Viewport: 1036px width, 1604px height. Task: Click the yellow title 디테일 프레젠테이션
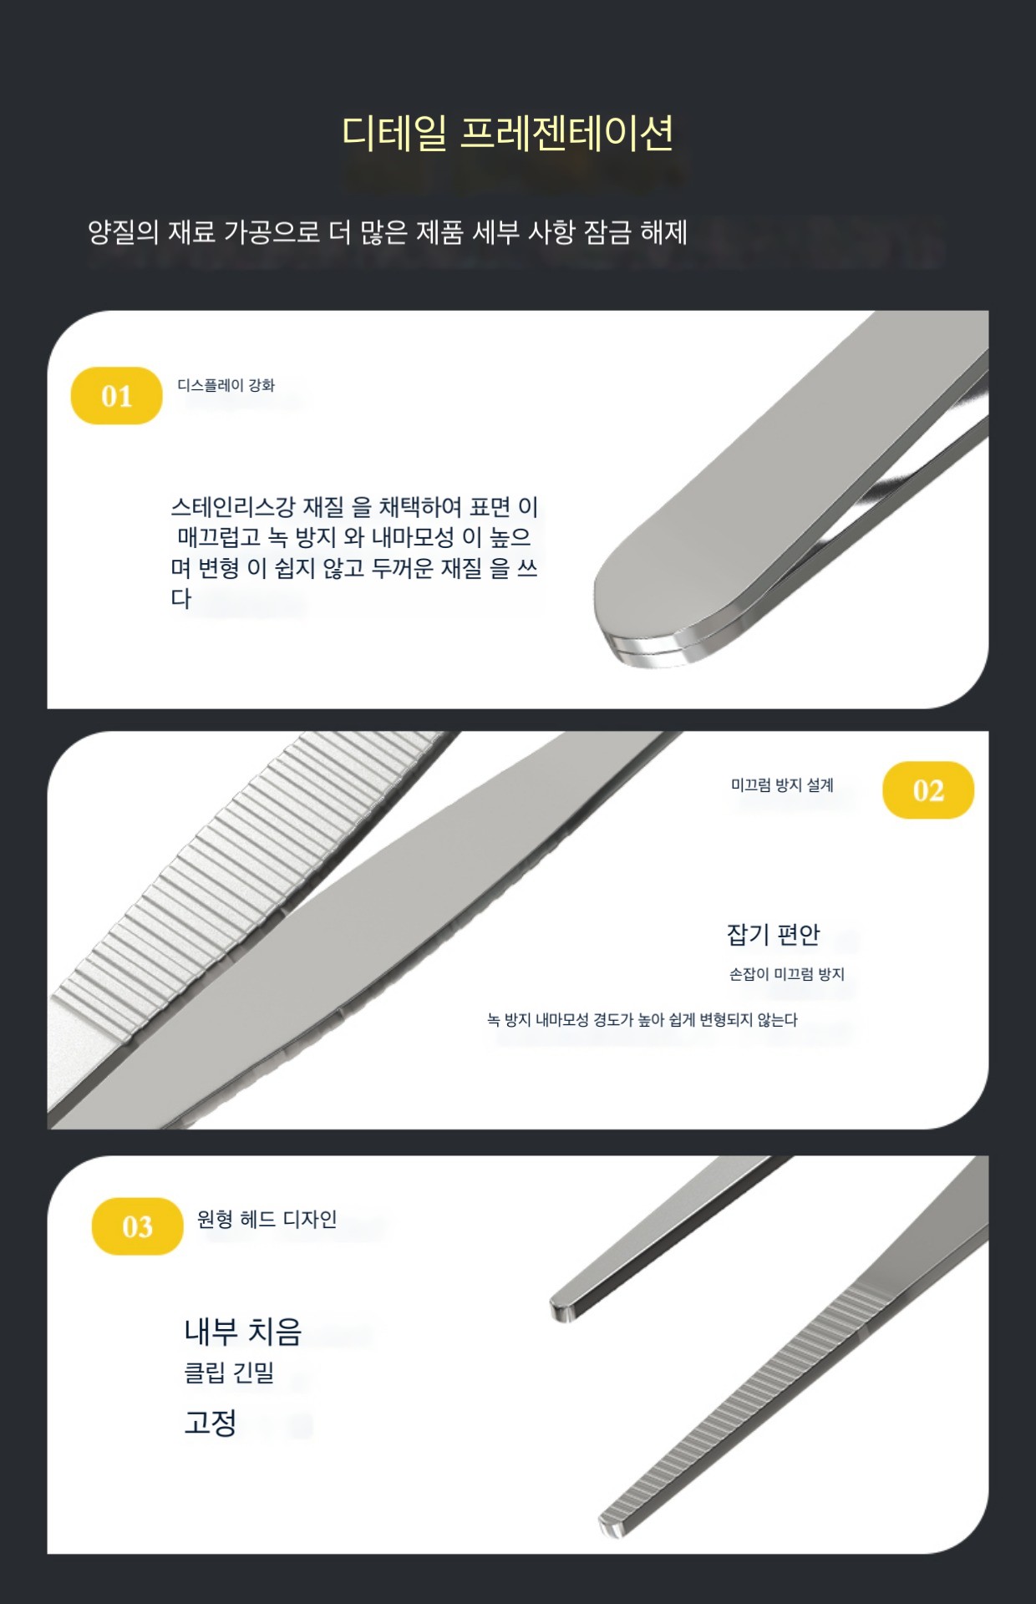point(507,133)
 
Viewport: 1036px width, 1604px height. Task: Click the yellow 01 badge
point(116,395)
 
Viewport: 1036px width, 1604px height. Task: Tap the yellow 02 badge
point(928,789)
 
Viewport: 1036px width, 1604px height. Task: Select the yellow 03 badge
point(137,1226)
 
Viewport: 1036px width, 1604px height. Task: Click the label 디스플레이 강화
point(226,385)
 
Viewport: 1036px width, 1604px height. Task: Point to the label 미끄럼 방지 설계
point(782,785)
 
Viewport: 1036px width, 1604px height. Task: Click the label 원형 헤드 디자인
point(267,1220)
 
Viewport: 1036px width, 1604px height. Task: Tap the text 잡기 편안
point(774,934)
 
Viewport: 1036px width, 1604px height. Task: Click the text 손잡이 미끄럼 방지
point(787,974)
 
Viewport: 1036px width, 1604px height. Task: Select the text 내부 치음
point(242,1332)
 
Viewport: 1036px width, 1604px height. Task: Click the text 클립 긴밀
point(229,1373)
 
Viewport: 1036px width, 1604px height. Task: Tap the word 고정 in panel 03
point(211,1422)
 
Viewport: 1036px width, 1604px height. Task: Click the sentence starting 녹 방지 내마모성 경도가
point(642,1020)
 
